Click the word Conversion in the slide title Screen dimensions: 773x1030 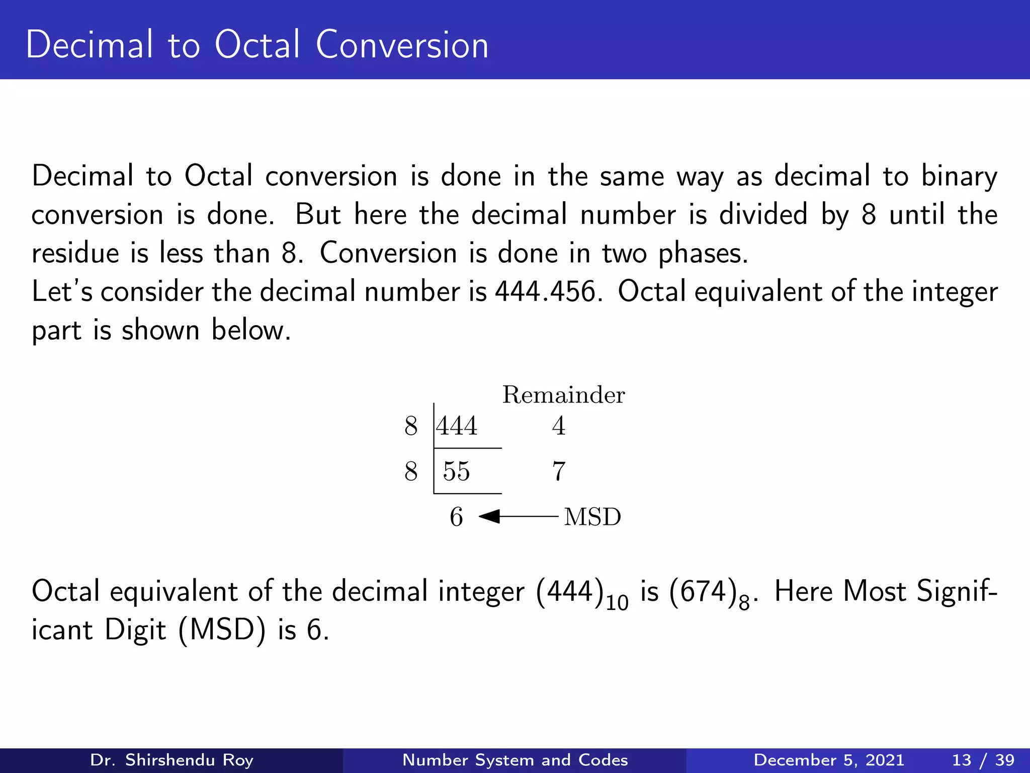point(402,45)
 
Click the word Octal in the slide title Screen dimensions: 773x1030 point(257,45)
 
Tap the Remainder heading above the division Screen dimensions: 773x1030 point(563,395)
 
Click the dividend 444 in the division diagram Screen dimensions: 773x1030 point(457,426)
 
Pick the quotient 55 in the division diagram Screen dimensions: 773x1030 point(457,472)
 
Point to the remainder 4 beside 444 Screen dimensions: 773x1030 point(559,426)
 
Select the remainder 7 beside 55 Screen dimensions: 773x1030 point(559,472)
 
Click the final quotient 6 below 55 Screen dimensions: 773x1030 point(456,517)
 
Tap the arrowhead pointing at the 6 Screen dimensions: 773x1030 point(489,516)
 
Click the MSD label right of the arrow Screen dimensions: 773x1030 point(592,517)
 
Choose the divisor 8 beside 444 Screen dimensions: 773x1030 point(411,426)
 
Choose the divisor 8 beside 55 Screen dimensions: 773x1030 point(411,472)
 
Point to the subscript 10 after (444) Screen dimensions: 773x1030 point(617,603)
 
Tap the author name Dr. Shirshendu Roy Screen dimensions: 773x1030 point(171,760)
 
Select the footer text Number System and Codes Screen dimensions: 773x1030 point(515,760)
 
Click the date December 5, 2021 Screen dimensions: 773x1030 point(829,760)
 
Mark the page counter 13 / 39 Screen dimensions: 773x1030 point(983,760)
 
